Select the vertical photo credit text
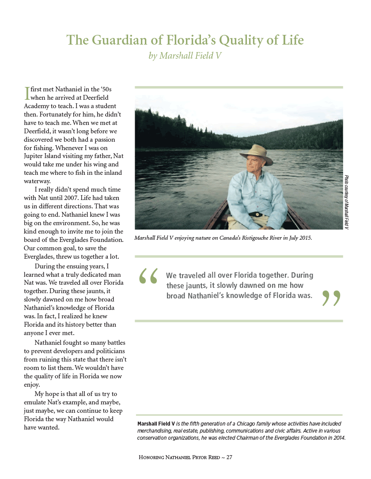pos(347,202)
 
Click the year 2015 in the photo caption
pos(304,238)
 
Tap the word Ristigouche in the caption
pos(253,238)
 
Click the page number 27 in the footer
pos(229,457)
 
